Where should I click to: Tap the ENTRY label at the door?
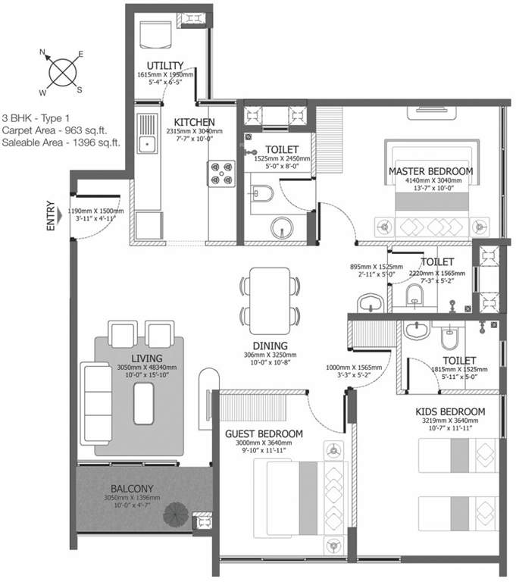(51, 215)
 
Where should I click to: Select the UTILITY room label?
(164, 66)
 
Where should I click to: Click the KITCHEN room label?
(195, 122)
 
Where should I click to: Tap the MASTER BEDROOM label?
(430, 171)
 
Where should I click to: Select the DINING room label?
(270, 346)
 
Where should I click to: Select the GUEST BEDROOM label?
(264, 433)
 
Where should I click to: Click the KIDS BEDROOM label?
(450, 411)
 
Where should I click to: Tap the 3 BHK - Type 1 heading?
(37, 118)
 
